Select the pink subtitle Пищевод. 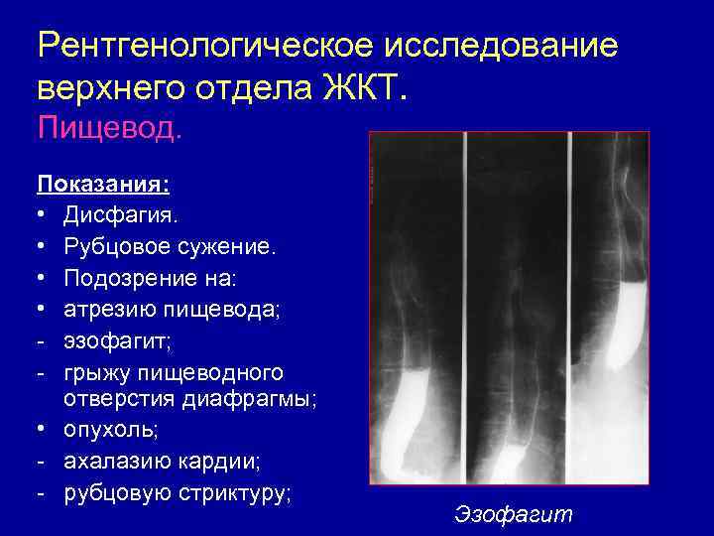click(109, 129)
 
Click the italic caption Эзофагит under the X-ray click(514, 514)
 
